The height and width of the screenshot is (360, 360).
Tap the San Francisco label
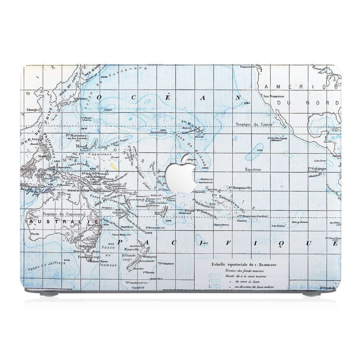point(274,96)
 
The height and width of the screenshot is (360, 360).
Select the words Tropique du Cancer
point(254,124)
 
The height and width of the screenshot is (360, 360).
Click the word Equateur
point(253,169)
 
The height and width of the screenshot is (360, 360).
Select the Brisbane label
point(92,225)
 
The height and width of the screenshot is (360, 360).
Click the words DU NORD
point(307,103)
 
